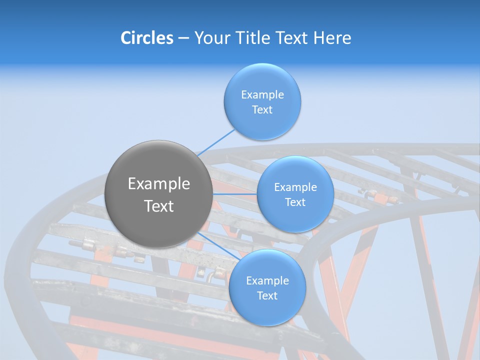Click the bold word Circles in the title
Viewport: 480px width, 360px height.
147,38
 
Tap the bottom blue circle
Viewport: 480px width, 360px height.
267,312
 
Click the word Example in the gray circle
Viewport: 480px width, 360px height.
159,184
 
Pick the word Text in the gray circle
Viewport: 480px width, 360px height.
159,206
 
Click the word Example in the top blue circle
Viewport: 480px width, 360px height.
262,94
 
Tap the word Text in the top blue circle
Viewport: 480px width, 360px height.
262,109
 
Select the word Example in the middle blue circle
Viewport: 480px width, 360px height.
295,187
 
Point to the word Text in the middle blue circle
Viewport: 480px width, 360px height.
295,202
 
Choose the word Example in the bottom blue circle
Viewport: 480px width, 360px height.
267,280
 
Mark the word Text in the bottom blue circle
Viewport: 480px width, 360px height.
267,295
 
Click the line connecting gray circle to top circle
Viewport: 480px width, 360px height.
216,142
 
